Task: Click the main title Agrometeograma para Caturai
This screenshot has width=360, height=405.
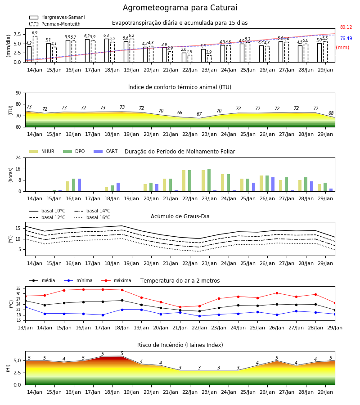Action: point(180,8)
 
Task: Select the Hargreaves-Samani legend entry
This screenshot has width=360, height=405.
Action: point(57,17)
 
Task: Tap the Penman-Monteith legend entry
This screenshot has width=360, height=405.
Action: point(55,24)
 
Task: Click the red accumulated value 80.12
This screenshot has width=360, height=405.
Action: point(346,27)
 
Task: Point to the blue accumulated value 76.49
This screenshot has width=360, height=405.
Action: point(346,38)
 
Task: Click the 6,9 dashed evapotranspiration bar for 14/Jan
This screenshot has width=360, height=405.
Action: point(35,49)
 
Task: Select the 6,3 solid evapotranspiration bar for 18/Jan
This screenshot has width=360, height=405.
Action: point(107,50)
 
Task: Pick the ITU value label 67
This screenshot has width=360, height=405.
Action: point(199,114)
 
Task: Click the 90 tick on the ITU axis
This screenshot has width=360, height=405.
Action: point(18,93)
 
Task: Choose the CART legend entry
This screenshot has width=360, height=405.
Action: point(106,151)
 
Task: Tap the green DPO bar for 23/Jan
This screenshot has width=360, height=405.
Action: point(209,180)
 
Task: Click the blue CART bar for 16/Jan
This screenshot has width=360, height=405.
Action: point(79,185)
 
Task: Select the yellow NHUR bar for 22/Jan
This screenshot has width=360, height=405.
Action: point(184,181)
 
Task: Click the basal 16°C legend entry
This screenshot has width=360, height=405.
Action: point(92,217)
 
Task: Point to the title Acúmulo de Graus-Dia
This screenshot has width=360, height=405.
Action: point(180,216)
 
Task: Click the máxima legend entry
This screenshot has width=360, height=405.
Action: point(116,280)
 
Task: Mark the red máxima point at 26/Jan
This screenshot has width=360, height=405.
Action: point(277,293)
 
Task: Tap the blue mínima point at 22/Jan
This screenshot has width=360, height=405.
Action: point(199,316)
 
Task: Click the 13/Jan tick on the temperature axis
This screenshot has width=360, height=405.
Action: point(25,328)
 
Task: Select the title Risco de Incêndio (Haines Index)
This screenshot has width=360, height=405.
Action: point(180,345)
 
